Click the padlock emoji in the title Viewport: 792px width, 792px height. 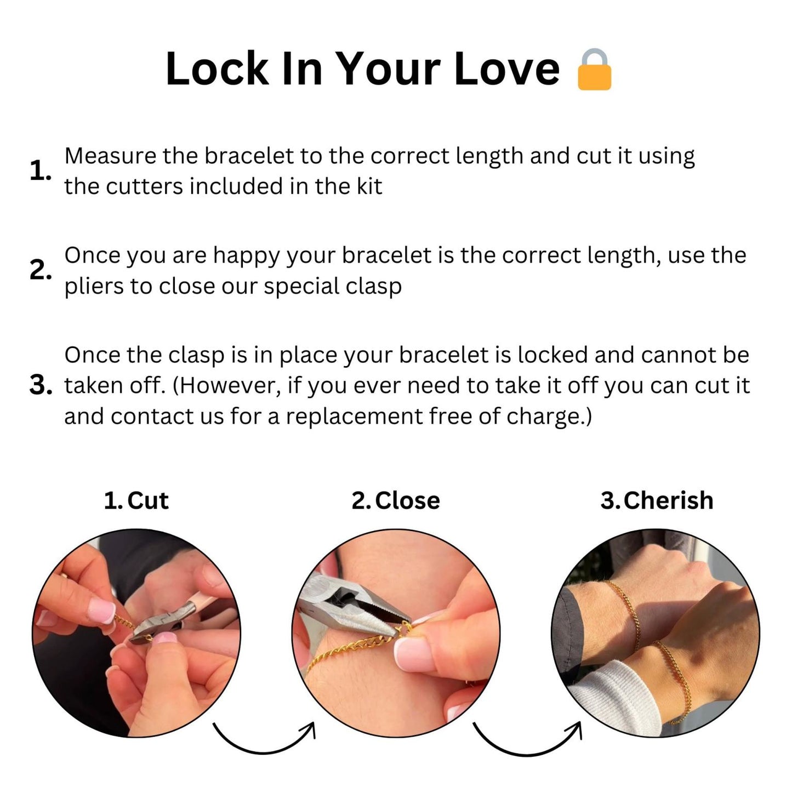pyautogui.click(x=594, y=70)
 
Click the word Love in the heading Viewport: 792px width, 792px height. pyautogui.click(x=506, y=69)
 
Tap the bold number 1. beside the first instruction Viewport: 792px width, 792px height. pyautogui.click(x=40, y=171)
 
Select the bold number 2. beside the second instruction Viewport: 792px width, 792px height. pyautogui.click(x=40, y=270)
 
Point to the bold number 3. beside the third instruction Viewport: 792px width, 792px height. pyautogui.click(x=41, y=385)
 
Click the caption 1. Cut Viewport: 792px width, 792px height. pyautogui.click(x=136, y=500)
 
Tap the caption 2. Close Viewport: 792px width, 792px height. pyautogui.click(x=396, y=500)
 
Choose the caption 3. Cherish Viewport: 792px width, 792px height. pyautogui.click(x=657, y=500)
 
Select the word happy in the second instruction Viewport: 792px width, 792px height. pyautogui.click(x=247, y=257)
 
